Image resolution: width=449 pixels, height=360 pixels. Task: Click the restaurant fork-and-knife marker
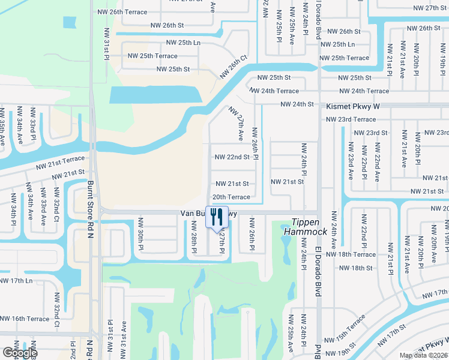(217, 217)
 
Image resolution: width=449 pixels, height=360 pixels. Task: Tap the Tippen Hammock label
(310, 227)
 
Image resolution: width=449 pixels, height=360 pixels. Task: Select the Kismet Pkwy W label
(354, 105)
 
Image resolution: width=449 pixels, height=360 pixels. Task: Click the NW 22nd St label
(232, 157)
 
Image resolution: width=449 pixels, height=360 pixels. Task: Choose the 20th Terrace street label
(231, 197)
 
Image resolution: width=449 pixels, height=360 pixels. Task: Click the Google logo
(19, 353)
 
